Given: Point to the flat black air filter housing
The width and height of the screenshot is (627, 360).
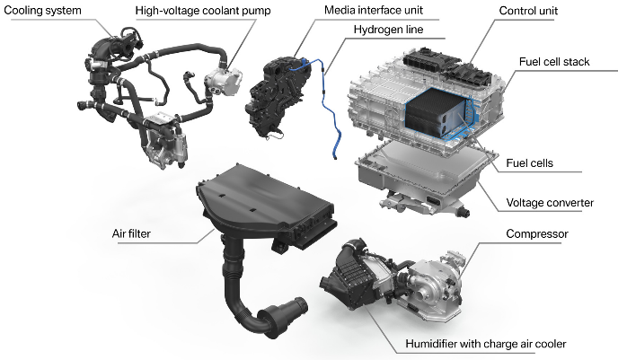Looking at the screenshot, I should (x=261, y=202).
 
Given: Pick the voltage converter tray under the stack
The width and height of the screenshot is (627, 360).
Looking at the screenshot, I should (x=422, y=180).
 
